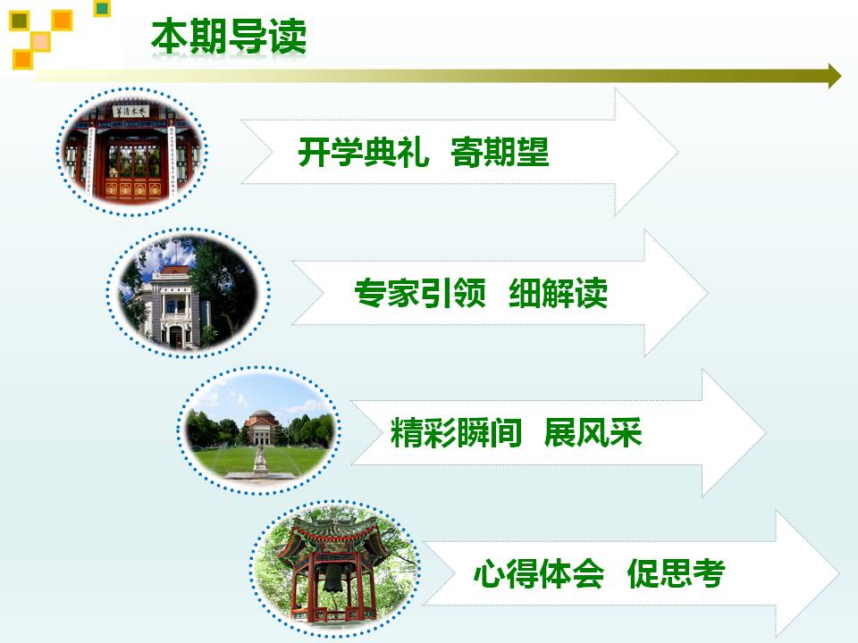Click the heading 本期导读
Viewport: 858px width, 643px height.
click(229, 37)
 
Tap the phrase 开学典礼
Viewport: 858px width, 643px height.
click(364, 152)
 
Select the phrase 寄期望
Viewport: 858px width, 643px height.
click(500, 152)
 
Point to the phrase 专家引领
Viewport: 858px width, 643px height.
click(420, 293)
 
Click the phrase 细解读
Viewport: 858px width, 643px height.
click(558, 293)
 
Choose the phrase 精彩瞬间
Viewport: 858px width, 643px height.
click(456, 433)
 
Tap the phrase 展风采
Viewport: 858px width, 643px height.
click(593, 433)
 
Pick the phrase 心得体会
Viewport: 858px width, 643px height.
click(539, 573)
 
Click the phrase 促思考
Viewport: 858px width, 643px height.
click(677, 573)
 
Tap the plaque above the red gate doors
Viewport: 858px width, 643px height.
click(130, 112)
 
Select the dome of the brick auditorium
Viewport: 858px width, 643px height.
click(260, 415)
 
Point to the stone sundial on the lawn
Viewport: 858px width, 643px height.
click(260, 459)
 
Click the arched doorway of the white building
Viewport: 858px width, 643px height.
click(176, 336)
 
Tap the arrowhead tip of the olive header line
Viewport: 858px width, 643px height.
click(841, 76)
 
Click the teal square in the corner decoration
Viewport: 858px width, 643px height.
click(102, 8)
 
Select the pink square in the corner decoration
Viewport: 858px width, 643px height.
click(40, 42)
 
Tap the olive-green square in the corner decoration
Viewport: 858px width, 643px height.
click(20, 21)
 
